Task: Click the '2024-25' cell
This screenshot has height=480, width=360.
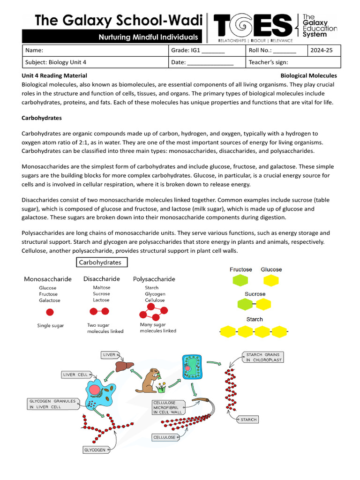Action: point(322,50)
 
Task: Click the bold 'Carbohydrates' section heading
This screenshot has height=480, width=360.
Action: point(42,118)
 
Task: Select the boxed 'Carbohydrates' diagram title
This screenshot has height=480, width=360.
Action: point(100,262)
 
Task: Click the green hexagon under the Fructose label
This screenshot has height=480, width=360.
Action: point(240,280)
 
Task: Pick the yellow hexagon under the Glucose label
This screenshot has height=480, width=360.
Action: point(271,280)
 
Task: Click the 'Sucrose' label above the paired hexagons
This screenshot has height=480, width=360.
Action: point(255,294)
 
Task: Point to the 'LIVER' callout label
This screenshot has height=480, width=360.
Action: point(109,355)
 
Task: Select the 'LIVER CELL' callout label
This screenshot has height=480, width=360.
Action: point(75,375)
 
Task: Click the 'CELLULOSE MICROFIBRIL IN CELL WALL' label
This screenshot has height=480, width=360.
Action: point(171,407)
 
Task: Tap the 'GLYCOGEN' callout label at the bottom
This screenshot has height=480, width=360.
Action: point(95,450)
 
